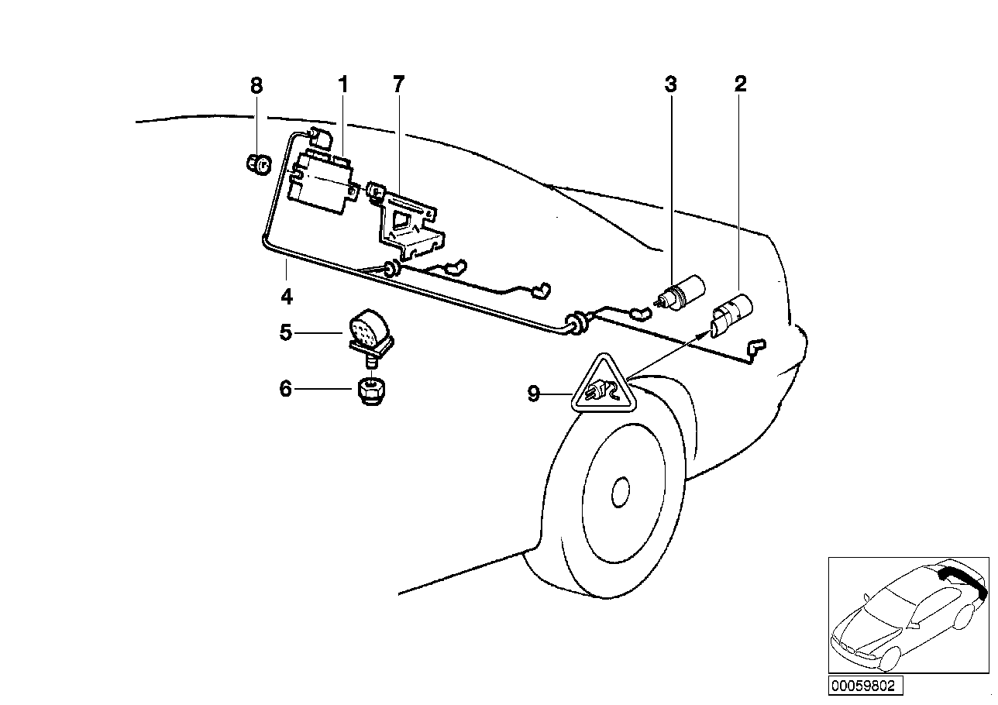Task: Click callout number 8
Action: pos(256,85)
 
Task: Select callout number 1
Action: pos(342,85)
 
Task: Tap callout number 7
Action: pos(398,85)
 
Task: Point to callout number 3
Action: pos(670,85)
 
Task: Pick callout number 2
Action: pos(740,85)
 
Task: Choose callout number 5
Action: pos(286,333)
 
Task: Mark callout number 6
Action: pos(286,389)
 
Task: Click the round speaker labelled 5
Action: pos(369,328)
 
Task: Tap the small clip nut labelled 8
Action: pos(257,164)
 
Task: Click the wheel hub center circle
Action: pos(621,491)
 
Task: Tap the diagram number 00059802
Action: pos(862,686)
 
